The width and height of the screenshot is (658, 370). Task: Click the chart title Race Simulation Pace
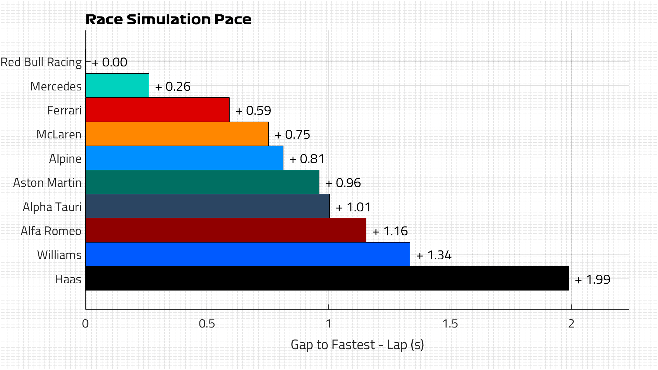168,20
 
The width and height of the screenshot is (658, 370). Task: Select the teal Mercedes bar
117,86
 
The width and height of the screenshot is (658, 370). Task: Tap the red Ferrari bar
157,110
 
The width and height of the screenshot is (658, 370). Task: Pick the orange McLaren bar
177,134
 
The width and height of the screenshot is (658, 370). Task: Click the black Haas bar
327,279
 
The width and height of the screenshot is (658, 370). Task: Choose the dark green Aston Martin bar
202,182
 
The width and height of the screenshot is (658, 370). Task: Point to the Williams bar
247,255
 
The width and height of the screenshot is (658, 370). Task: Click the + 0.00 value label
110,62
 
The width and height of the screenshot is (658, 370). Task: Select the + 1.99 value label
593,280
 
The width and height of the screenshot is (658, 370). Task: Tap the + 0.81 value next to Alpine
307,159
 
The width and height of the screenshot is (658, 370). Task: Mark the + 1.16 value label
390,231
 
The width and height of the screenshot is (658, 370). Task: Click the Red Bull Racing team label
41,62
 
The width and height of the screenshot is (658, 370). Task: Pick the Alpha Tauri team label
52,207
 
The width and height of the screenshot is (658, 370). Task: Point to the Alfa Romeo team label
51,231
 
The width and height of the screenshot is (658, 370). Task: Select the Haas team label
68,279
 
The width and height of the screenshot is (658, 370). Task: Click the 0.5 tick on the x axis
207,324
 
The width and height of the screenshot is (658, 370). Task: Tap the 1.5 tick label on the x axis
450,324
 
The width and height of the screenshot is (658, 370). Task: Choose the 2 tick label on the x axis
571,324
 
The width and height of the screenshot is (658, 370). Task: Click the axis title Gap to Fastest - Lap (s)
357,345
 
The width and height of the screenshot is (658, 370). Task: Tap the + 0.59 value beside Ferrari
254,111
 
